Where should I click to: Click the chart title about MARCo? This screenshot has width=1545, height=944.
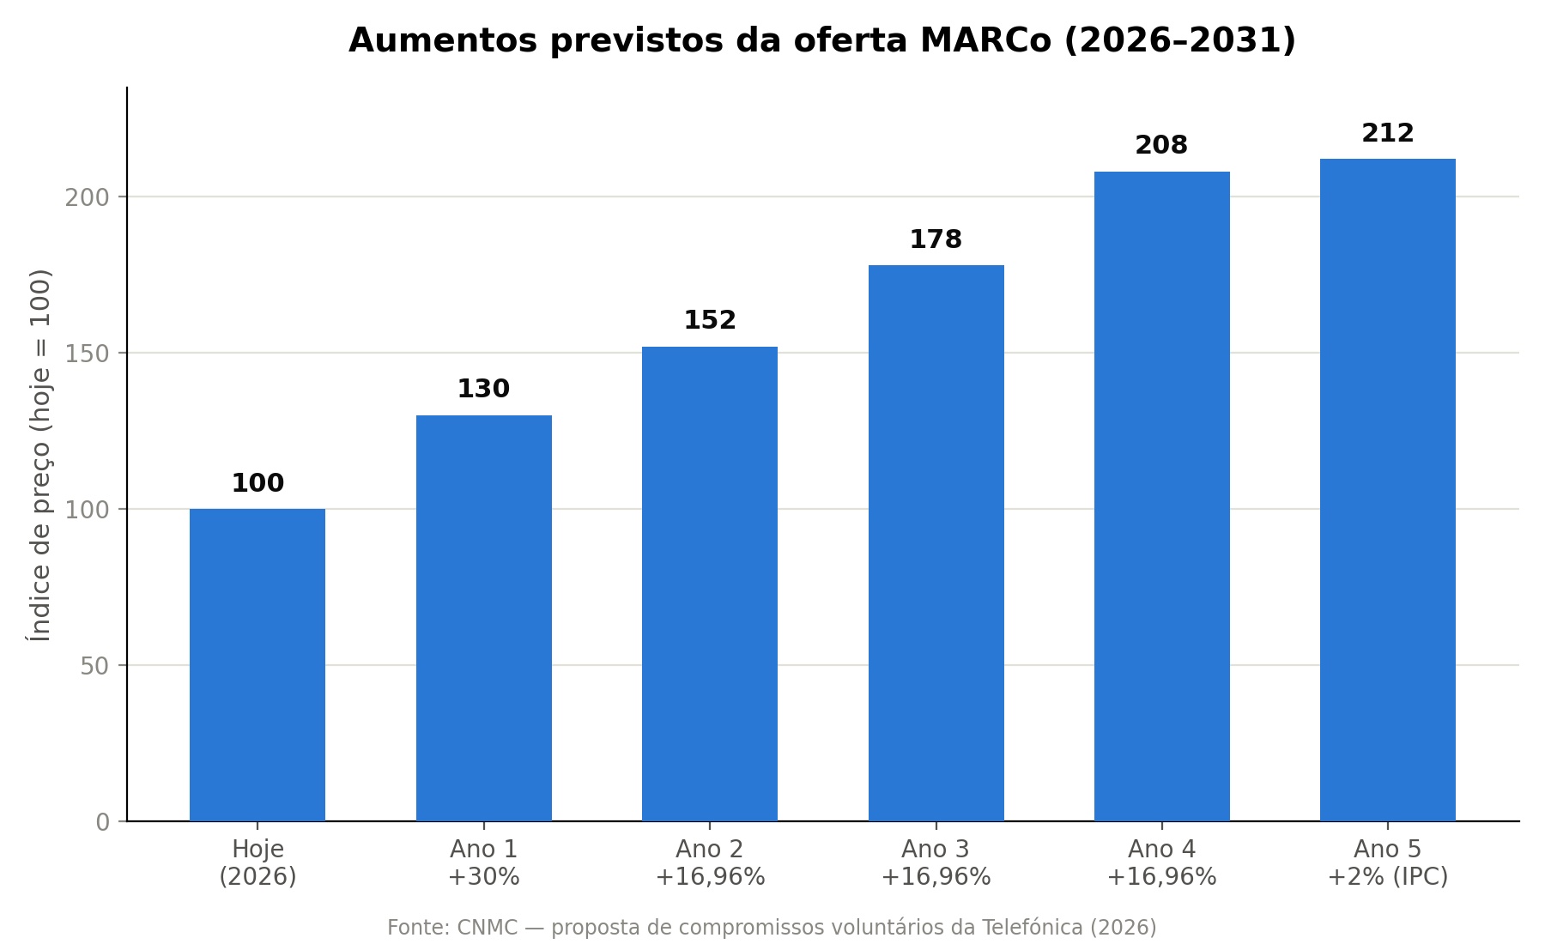(x=821, y=40)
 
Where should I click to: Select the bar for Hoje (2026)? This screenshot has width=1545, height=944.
(x=257, y=665)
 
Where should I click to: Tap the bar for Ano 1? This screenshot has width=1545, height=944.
(x=484, y=618)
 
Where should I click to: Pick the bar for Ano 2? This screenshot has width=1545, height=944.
(x=710, y=584)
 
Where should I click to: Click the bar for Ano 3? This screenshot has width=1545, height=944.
(x=936, y=543)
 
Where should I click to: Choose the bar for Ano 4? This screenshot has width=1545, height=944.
(x=1162, y=496)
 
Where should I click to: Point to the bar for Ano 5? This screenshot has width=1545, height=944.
(x=1388, y=490)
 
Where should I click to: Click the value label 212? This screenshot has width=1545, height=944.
(x=1388, y=133)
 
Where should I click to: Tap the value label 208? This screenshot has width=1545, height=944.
(x=1161, y=145)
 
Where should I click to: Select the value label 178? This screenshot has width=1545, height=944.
(x=936, y=239)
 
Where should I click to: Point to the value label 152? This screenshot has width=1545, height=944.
(x=710, y=320)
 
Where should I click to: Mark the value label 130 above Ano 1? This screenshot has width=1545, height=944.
(x=483, y=389)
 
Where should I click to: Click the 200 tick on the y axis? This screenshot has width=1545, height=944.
(x=88, y=197)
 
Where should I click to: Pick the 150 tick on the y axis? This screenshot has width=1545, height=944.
(x=88, y=354)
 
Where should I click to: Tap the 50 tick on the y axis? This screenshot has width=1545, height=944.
(x=95, y=666)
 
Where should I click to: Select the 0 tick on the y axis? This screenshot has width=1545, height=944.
(x=103, y=822)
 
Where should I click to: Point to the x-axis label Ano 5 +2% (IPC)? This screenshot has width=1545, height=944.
(x=1388, y=862)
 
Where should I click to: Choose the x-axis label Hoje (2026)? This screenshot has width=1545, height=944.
(x=257, y=862)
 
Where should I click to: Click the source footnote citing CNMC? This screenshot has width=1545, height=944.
(x=772, y=928)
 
